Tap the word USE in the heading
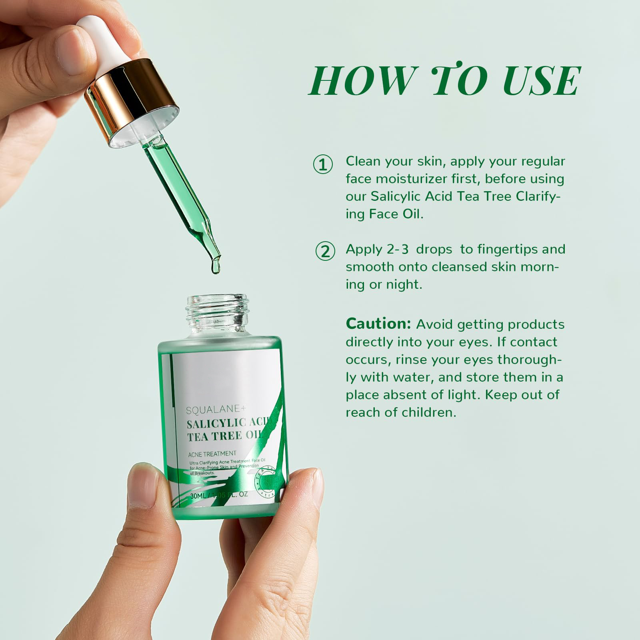[541, 81]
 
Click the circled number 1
[322, 164]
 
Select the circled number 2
[325, 251]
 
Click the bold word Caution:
[378, 324]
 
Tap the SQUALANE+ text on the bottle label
[215, 410]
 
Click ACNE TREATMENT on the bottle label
[212, 454]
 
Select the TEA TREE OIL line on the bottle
[224, 436]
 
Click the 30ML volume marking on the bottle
[198, 496]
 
